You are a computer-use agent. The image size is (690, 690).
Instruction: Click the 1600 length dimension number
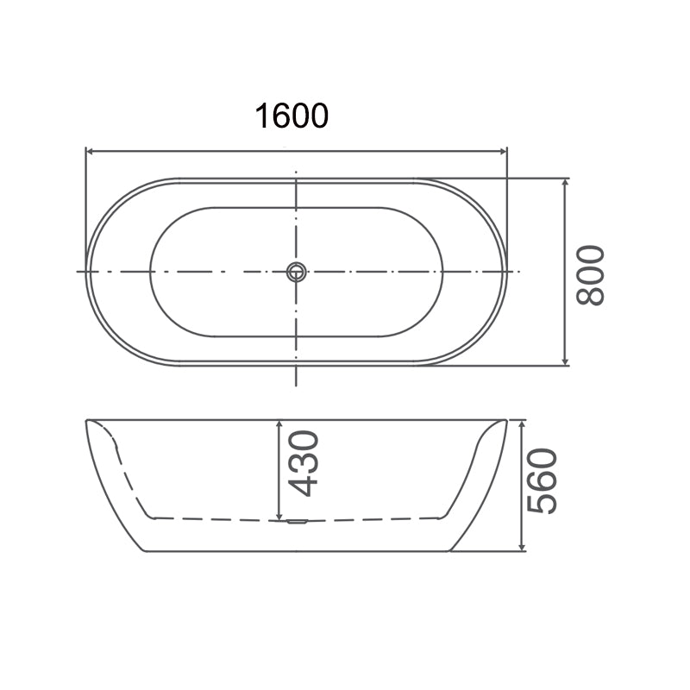(292, 115)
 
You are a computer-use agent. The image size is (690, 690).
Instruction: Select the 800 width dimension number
(591, 274)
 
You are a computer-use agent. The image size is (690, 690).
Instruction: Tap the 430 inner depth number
(304, 464)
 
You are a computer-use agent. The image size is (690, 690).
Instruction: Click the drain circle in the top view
(296, 272)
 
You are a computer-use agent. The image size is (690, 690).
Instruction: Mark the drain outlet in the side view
(296, 520)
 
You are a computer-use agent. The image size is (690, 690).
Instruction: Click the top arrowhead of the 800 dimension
(566, 184)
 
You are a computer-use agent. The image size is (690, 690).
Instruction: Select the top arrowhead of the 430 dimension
(279, 424)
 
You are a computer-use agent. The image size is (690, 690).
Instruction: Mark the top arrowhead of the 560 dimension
(522, 424)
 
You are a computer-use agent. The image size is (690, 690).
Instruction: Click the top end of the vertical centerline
(296, 169)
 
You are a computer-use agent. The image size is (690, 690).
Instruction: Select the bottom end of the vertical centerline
(296, 385)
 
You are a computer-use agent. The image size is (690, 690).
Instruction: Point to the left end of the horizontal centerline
(78, 272)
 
